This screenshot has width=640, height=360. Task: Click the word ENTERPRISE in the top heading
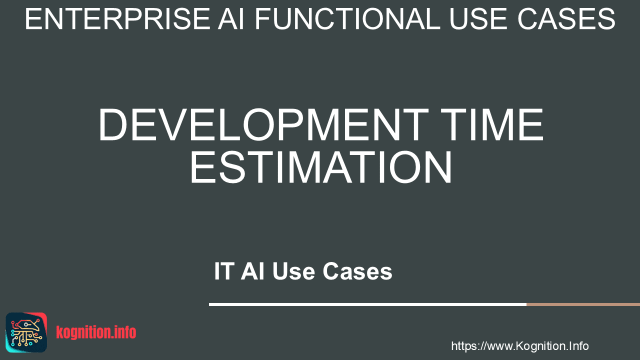117,19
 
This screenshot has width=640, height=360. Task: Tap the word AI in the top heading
231,19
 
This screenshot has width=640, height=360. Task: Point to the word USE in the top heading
479,19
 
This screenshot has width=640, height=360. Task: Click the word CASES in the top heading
566,19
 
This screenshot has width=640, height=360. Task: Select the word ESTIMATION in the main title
321,167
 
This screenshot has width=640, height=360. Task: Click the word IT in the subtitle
224,271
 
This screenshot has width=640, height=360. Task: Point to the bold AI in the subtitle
252,271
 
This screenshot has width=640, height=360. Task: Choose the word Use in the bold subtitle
293,271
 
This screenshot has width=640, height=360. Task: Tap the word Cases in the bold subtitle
357,271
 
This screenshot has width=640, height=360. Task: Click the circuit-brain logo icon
26,332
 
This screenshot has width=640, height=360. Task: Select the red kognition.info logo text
96,332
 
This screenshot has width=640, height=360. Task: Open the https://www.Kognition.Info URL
519,346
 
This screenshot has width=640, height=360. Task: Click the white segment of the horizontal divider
367,304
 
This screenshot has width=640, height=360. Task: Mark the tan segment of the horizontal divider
583,304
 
